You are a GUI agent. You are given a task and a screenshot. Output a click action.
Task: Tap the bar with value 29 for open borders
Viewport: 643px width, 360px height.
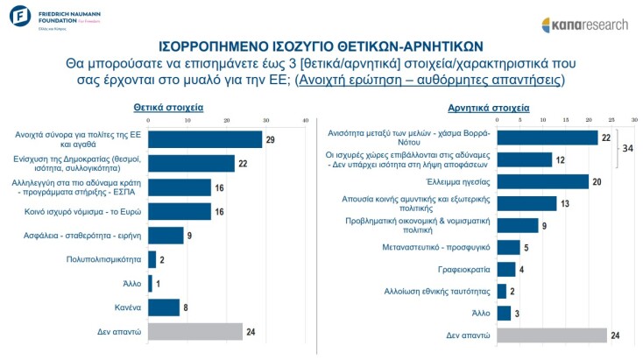tap(205, 139)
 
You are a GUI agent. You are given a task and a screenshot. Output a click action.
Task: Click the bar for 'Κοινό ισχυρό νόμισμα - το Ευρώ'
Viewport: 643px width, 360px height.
tap(180, 211)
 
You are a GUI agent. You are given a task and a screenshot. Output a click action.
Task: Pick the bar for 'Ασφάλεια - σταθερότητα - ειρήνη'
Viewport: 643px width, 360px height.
tap(166, 235)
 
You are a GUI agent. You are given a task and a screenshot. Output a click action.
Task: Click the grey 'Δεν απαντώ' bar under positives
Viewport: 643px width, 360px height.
tap(195, 331)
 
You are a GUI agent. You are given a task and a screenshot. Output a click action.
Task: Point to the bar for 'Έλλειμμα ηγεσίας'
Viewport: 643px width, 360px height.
tap(542, 181)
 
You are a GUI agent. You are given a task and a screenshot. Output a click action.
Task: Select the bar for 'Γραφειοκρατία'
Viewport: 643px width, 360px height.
tap(505, 269)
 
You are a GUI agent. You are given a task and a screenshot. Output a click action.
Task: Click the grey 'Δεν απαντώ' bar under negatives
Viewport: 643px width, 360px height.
tap(552, 335)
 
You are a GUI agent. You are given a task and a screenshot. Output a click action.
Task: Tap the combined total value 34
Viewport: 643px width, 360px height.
tap(627, 148)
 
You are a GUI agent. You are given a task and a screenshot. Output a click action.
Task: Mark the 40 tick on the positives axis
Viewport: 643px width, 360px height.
tap(306, 120)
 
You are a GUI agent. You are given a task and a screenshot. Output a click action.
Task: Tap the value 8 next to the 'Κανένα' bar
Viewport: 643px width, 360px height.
tap(186, 307)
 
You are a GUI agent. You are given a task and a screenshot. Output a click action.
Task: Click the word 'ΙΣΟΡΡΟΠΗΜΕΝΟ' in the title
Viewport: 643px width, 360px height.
tap(215, 46)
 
